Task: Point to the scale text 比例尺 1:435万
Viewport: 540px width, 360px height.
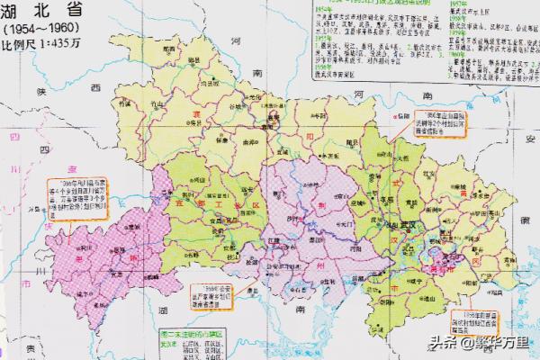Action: click(43, 43)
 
